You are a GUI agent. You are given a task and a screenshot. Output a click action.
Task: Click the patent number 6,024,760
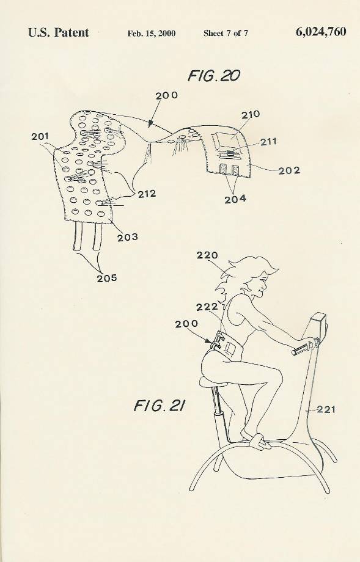point(321,32)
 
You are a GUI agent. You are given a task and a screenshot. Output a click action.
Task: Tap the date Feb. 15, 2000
point(152,34)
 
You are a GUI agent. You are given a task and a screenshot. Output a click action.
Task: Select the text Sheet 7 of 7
point(226,34)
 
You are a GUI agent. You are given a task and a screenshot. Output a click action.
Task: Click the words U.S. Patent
point(59,32)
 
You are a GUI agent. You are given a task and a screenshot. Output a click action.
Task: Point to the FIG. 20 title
point(214,76)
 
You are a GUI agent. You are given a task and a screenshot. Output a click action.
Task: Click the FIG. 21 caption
point(160,406)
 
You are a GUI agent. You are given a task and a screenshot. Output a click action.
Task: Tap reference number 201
point(40,136)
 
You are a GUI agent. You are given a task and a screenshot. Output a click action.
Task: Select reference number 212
point(147,194)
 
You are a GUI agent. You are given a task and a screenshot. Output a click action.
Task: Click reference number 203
point(127,237)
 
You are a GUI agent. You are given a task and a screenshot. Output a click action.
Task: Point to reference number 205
point(106,278)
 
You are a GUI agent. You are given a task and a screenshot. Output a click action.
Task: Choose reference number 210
point(250,115)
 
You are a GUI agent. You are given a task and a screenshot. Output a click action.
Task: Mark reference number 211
point(268,142)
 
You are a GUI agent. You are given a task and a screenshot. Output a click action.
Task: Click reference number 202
point(289,170)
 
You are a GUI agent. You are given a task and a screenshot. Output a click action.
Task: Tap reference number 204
point(235,199)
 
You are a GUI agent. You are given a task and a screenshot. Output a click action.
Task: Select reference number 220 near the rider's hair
point(207,255)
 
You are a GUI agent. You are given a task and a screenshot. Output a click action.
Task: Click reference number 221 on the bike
point(326,409)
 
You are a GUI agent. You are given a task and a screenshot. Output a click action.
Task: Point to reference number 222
point(207,307)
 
